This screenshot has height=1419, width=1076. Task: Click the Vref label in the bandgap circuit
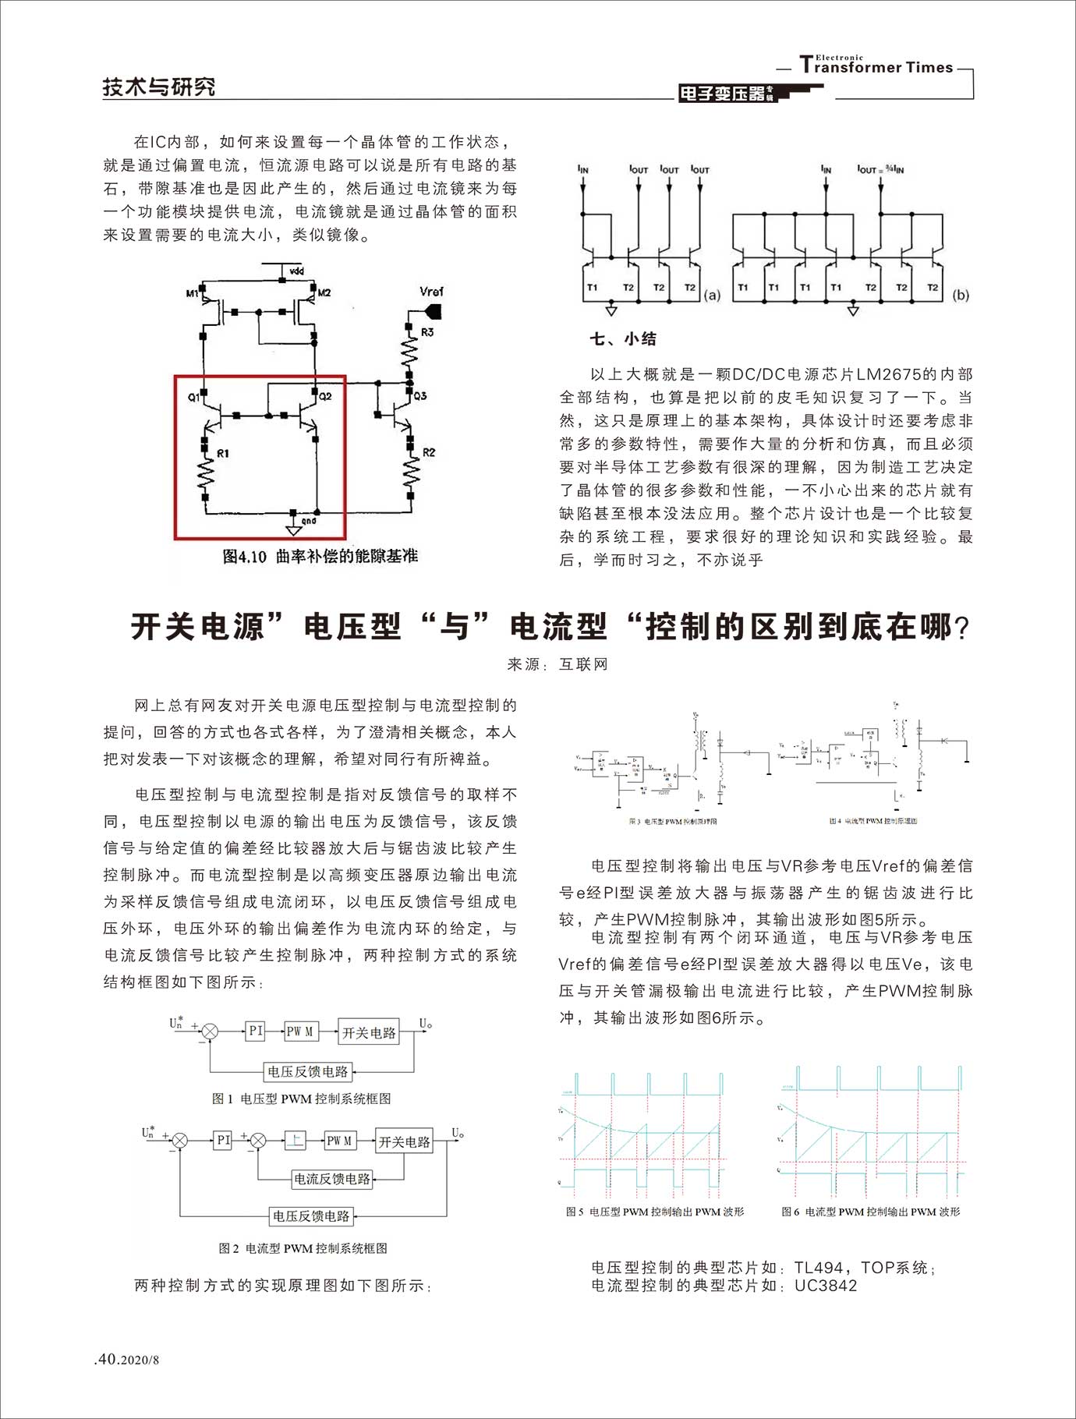[431, 292]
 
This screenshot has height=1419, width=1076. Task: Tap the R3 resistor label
[427, 332]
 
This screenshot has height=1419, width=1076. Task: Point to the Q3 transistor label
[420, 395]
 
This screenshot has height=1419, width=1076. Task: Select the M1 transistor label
[192, 293]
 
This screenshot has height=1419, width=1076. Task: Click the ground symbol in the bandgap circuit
[293, 530]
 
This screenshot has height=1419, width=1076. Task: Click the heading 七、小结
[623, 338]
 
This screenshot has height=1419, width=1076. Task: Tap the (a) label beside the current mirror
[712, 295]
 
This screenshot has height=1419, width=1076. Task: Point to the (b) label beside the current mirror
[961, 295]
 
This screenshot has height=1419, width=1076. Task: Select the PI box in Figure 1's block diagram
[256, 1031]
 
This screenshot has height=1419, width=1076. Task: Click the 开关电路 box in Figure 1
[369, 1032]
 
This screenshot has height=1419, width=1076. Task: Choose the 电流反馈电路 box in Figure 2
[332, 1179]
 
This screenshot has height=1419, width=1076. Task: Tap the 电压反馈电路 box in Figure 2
[311, 1216]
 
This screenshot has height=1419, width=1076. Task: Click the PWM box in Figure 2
[339, 1141]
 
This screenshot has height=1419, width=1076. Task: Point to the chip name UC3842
[826, 1286]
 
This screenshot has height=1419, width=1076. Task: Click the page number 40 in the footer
[107, 1359]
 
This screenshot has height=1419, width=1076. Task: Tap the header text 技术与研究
[159, 87]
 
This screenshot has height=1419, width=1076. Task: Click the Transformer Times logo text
[876, 66]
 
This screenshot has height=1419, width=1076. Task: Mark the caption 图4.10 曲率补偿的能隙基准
[320, 556]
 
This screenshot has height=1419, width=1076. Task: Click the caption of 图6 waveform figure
[871, 1212]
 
